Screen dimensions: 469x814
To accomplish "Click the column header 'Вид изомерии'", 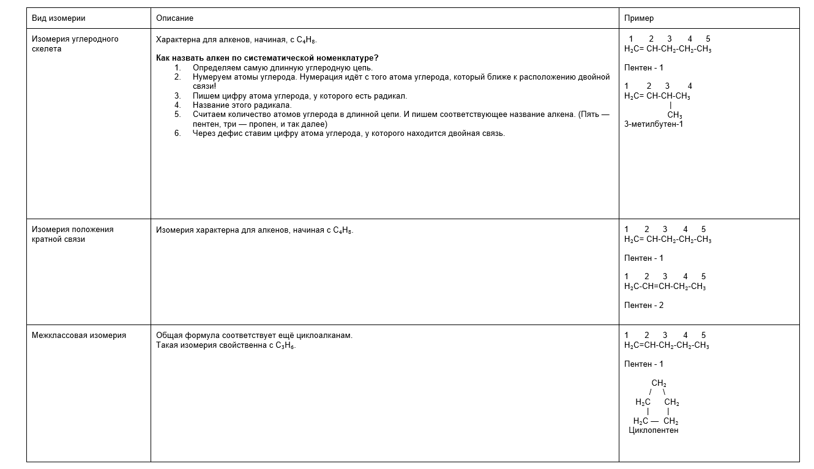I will (x=59, y=18).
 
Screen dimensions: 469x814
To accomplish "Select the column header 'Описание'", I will (x=174, y=18).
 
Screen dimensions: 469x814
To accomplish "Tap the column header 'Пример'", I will (x=639, y=18).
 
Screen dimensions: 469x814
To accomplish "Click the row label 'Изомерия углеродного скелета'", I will (x=75, y=43).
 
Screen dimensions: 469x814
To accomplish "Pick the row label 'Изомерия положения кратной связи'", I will (x=72, y=234).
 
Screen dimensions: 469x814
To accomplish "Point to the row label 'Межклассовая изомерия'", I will (x=79, y=336).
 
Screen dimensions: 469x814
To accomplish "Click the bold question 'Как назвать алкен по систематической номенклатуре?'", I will (x=267, y=58).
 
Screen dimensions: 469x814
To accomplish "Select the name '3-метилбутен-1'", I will (x=654, y=124).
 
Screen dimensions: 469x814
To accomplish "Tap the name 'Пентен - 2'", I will (x=644, y=306).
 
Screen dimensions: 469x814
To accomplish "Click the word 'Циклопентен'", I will (x=653, y=430).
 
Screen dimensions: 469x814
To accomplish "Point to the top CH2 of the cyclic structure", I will (x=659, y=384).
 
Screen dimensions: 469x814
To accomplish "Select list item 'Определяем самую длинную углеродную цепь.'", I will (x=282, y=68).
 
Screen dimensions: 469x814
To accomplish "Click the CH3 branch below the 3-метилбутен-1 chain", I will (x=674, y=115).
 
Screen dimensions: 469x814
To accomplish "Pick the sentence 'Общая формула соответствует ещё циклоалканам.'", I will (x=254, y=336).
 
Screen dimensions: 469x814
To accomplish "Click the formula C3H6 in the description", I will (x=285, y=346).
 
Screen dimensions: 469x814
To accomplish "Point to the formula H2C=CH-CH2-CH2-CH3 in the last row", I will (x=667, y=345).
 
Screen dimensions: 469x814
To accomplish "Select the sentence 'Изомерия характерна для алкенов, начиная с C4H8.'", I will (x=255, y=230).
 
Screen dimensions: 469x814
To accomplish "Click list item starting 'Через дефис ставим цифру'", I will (x=348, y=133).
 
